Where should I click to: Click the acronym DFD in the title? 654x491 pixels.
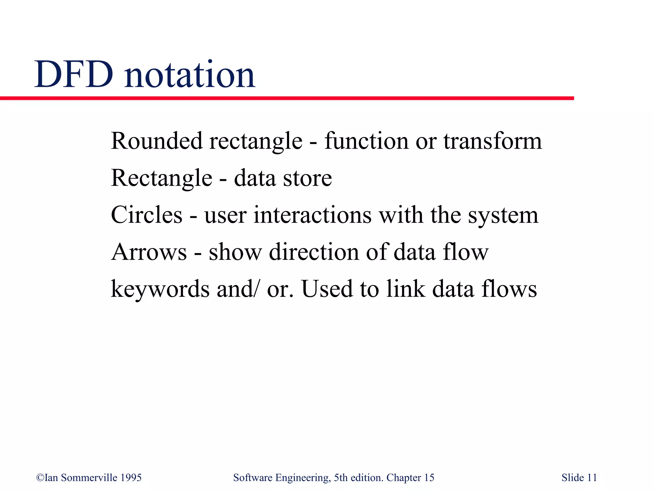point(74,75)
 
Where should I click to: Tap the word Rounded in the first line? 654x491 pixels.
point(156,141)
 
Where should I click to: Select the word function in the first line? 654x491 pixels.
point(366,141)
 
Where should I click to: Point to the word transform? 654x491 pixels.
point(492,141)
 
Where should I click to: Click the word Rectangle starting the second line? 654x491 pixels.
point(162,178)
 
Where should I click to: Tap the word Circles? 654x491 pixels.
point(147,215)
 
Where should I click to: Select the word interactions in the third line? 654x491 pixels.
point(313,215)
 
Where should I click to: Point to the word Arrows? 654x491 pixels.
point(149,252)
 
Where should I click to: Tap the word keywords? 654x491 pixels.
point(160,289)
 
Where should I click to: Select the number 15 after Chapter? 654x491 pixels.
point(429,478)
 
